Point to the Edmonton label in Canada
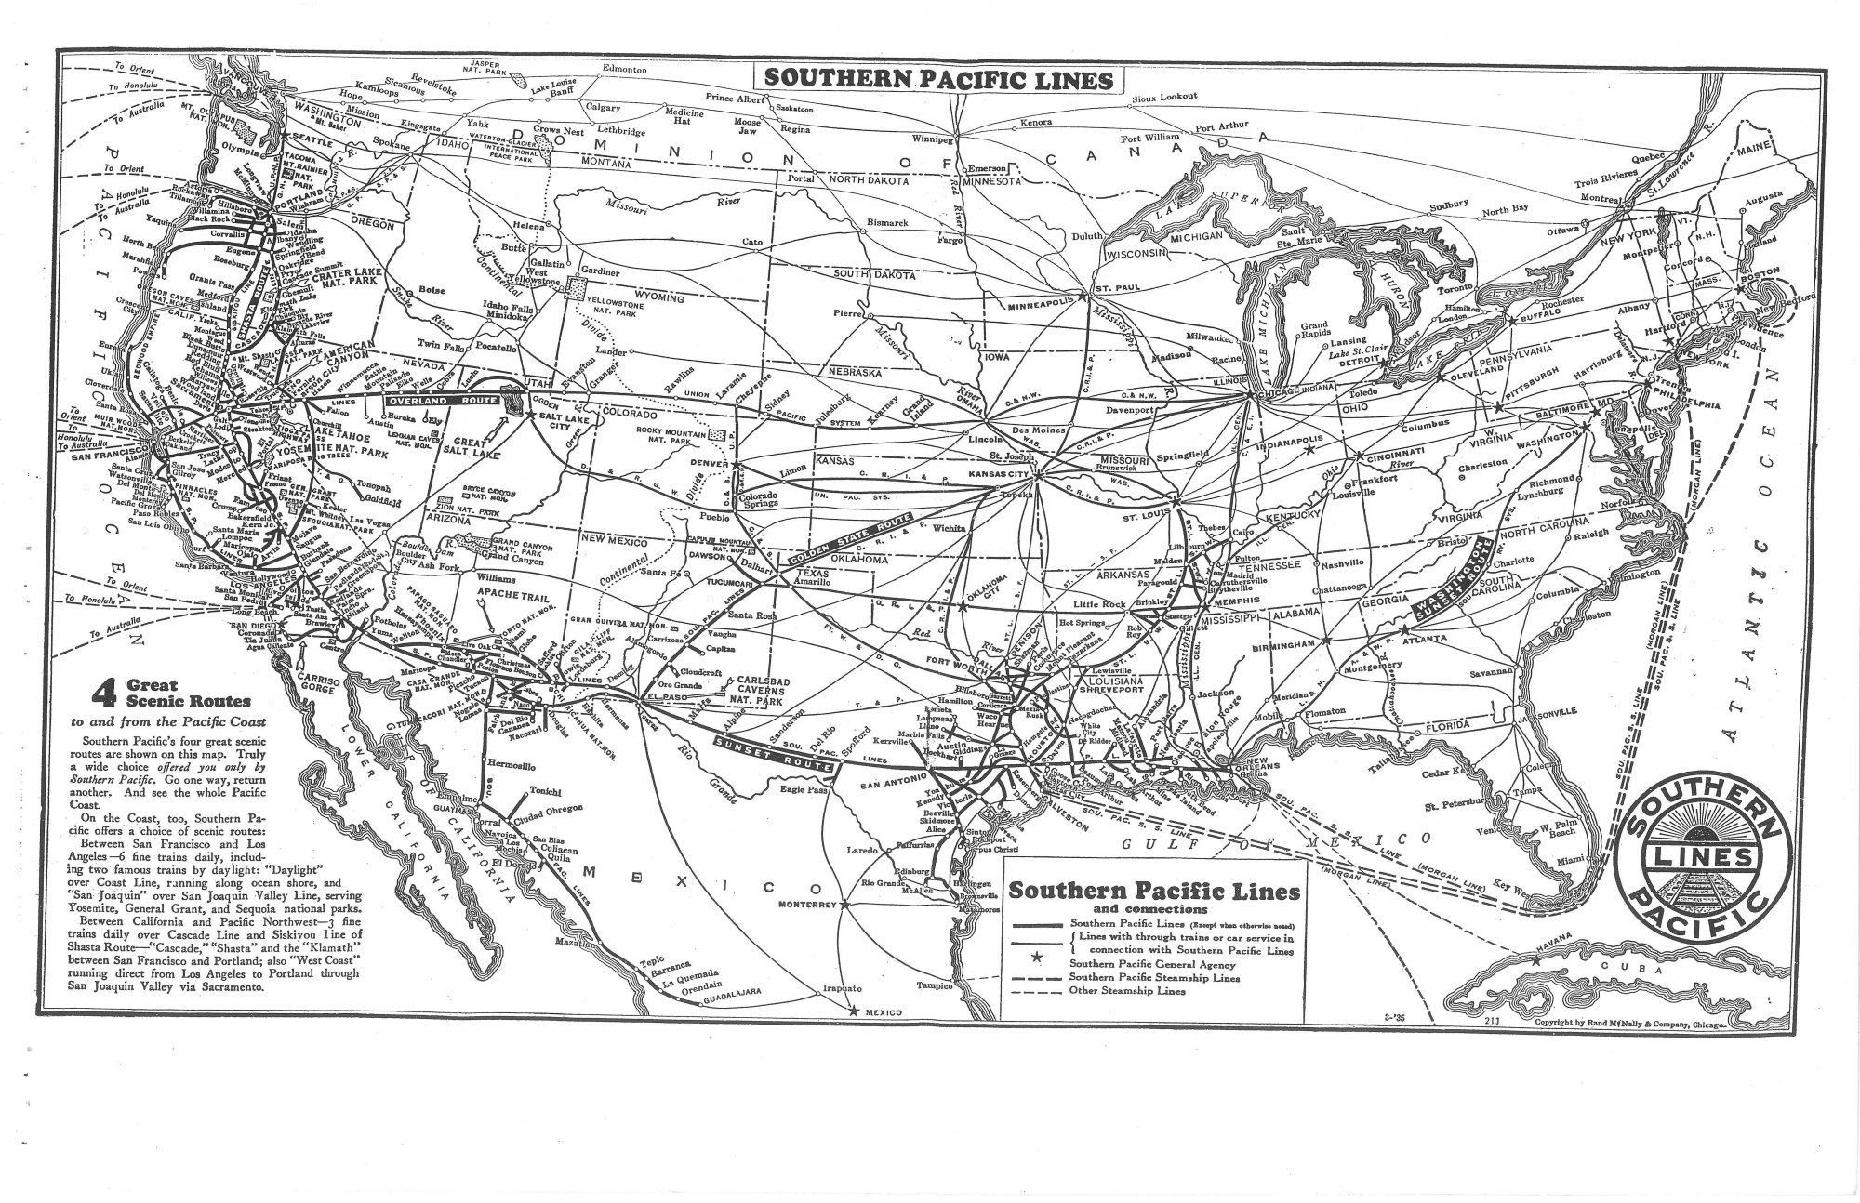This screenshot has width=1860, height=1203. coord(624,70)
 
